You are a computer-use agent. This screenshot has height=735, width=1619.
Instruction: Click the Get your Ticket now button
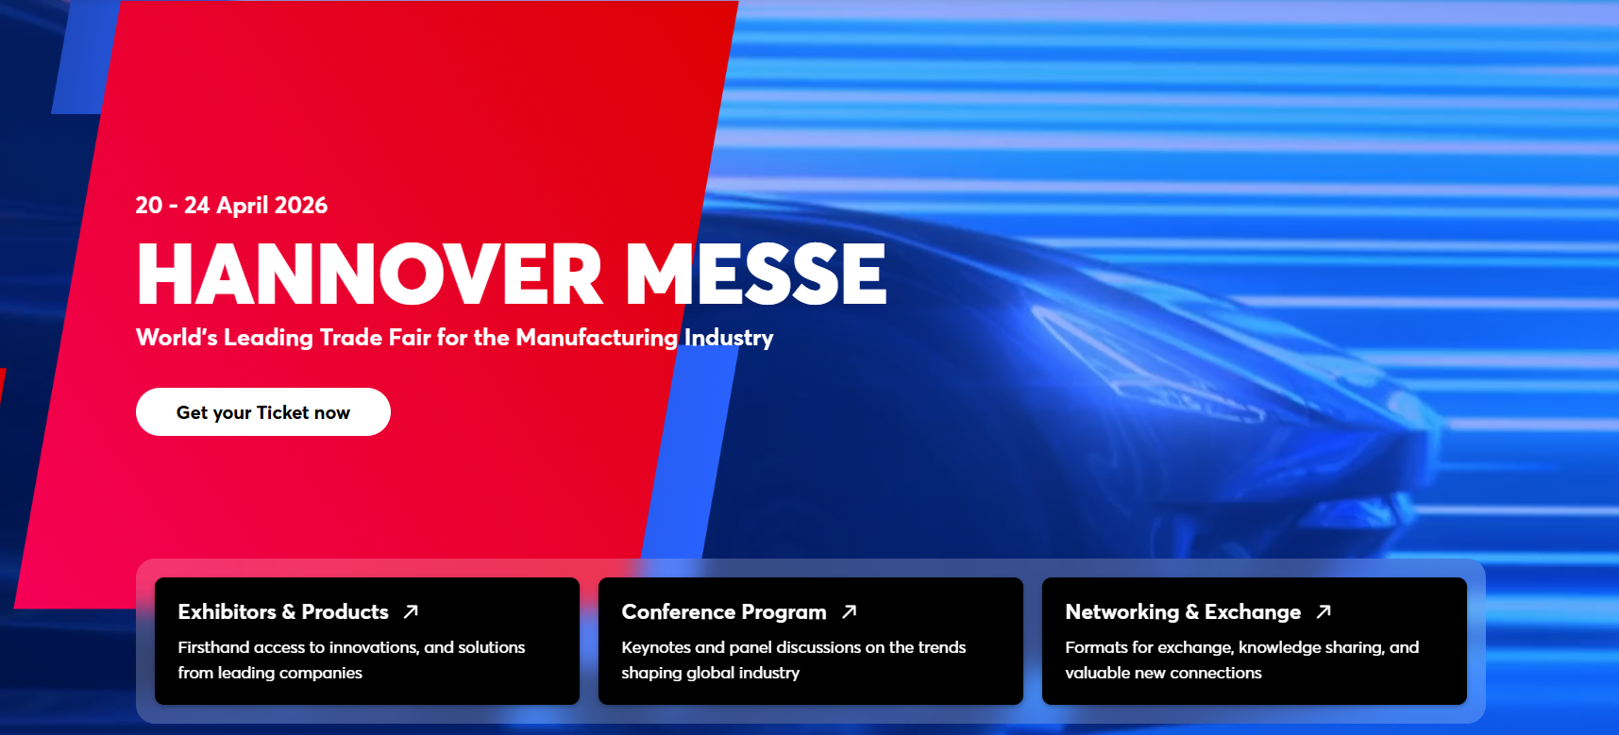(263, 412)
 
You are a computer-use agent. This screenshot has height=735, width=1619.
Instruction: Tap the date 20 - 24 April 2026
(231, 206)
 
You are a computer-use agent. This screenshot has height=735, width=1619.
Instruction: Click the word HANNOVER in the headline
(370, 274)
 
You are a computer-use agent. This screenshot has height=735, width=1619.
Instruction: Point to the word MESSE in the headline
(757, 274)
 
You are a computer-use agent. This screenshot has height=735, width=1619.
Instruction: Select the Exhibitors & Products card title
(283, 611)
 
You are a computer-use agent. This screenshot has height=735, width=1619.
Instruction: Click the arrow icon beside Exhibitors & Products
(411, 611)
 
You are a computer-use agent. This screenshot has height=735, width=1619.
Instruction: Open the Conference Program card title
(724, 611)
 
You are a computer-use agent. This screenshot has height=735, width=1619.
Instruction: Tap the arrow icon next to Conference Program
(850, 611)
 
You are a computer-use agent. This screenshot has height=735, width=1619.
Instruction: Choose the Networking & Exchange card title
(1183, 611)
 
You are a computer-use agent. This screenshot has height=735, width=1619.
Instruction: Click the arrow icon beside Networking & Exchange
(1324, 611)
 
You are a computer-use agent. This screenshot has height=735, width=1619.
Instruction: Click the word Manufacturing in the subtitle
(597, 338)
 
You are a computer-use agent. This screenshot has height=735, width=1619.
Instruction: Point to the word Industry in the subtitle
(729, 338)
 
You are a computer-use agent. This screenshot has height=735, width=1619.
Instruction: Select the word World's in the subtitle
(177, 338)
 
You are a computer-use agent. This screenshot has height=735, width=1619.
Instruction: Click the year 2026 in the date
(301, 206)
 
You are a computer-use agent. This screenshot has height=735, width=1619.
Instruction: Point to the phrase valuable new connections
(1163, 673)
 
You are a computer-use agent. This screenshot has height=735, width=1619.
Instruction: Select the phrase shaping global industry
(710, 673)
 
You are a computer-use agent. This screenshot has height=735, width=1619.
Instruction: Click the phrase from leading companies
(270, 673)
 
